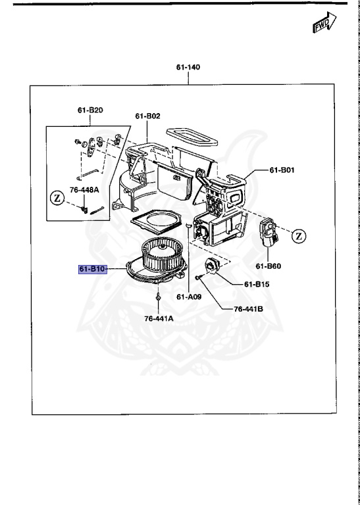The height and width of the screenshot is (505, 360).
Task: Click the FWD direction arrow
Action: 322,26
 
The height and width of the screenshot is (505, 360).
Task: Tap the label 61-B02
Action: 148,116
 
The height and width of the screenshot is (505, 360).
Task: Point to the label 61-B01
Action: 283,170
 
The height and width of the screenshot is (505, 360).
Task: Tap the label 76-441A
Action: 159,319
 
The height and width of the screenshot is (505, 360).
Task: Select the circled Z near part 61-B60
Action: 299,235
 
